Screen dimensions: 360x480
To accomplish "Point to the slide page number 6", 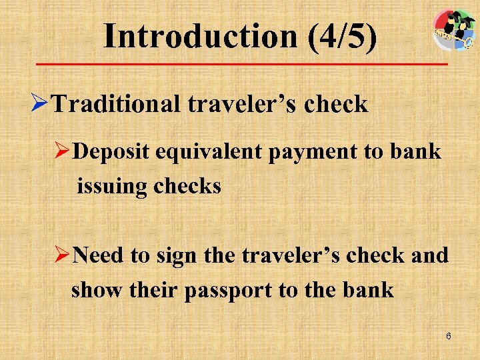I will tap(449, 336).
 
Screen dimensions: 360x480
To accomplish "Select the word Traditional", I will tap(116, 104).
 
